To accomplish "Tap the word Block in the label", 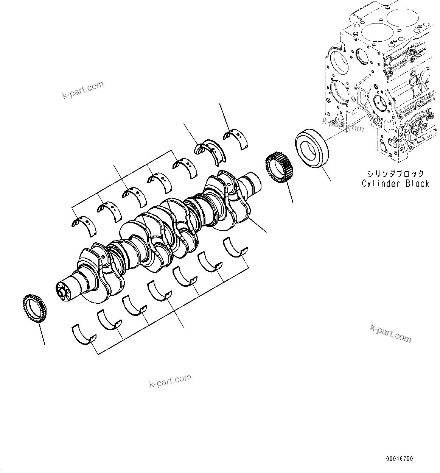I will pos(417,184).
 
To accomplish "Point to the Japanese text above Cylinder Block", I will pos(395,173).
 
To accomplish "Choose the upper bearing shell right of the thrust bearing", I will pos(237,137).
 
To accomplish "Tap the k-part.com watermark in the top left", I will pos(83,90).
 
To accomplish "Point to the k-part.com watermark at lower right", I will pos(390,333).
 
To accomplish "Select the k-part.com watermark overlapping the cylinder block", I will pos(342,125).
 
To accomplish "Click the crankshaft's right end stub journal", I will pos(252,182).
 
